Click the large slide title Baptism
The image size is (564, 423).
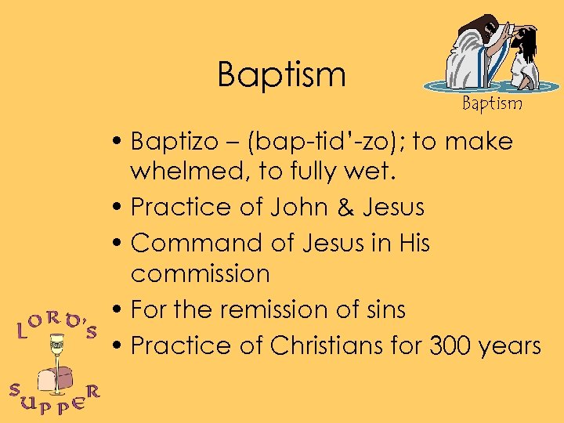tap(281, 75)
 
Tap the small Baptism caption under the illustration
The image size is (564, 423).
tap(491, 103)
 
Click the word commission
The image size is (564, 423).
tap(200, 274)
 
